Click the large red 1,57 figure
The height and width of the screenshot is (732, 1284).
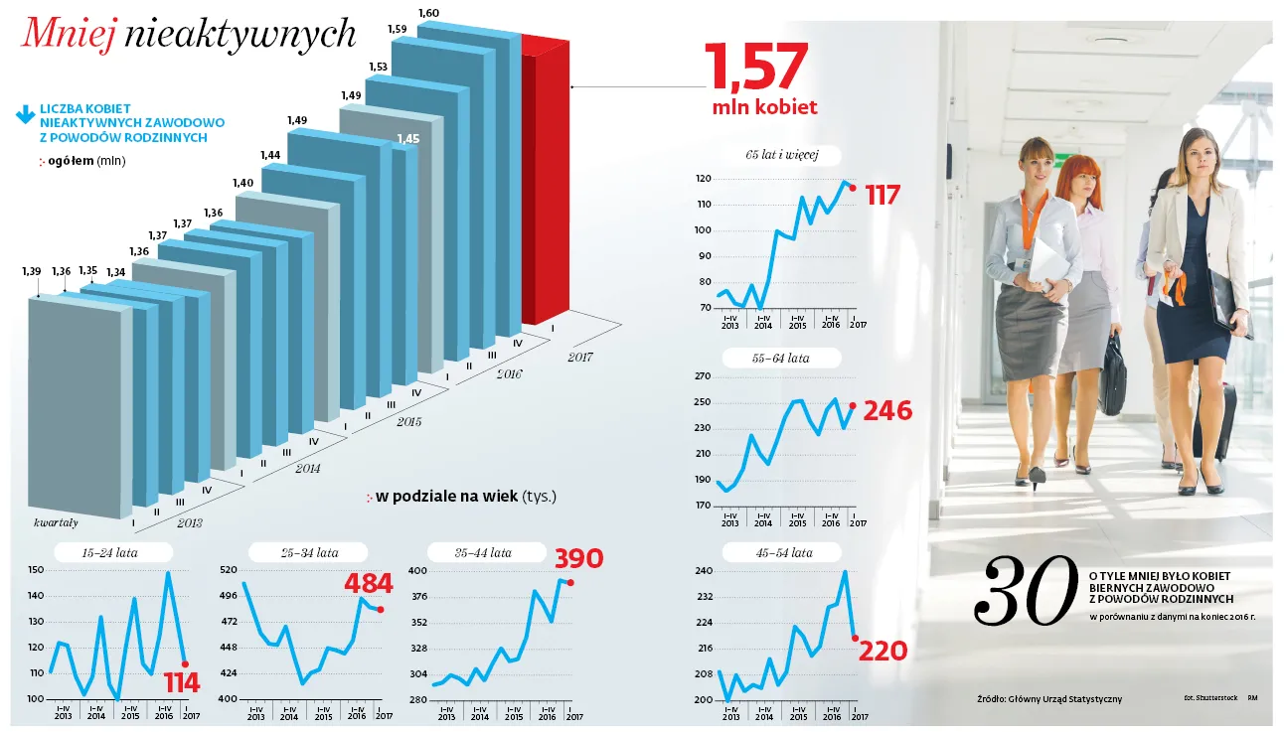pos(755,67)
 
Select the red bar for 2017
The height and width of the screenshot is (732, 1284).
pos(545,189)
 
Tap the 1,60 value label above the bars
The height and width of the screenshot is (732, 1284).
pos(428,13)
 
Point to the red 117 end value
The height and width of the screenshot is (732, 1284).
pos(882,195)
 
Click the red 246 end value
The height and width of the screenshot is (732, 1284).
pos(888,410)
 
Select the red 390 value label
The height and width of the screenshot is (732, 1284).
pos(578,559)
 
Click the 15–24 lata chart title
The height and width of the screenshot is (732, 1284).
pos(110,553)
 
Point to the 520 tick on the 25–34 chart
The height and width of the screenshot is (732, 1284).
pos(228,570)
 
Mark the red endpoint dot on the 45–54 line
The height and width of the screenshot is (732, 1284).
pos(855,638)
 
